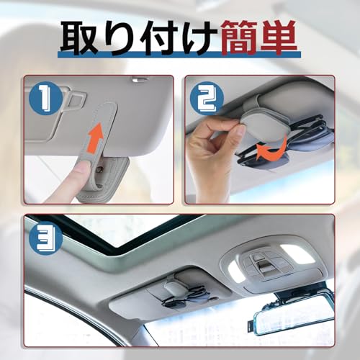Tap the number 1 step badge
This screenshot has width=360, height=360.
[44, 94]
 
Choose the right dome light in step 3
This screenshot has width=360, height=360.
[297, 253]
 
